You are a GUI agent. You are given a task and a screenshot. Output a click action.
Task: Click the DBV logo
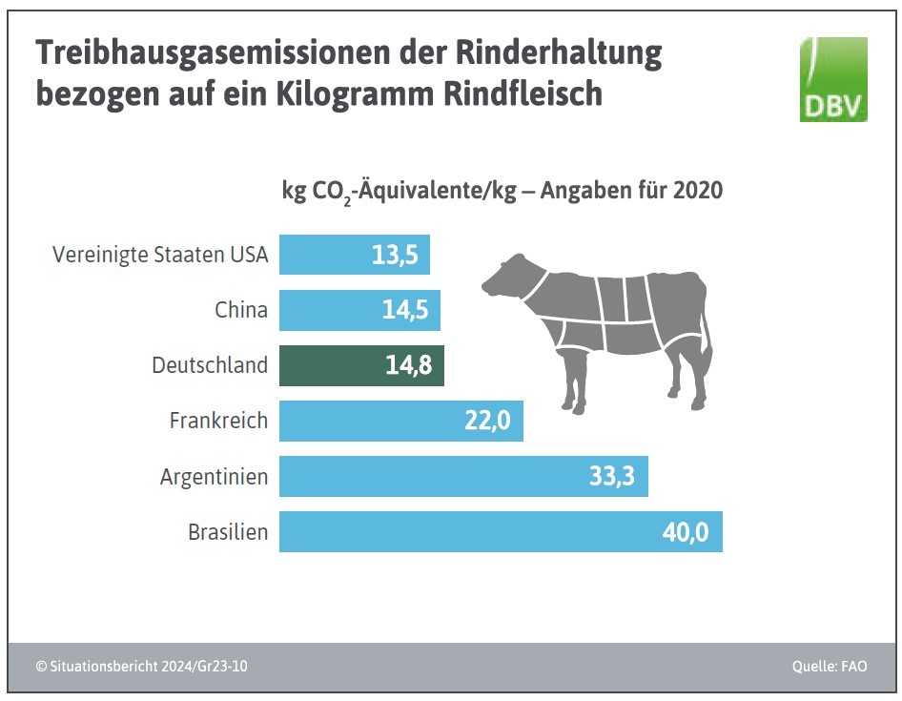tap(833, 80)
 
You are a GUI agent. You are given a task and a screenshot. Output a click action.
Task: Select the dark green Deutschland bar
tap(361, 365)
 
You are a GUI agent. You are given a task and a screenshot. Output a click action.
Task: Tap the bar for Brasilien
tap(501, 531)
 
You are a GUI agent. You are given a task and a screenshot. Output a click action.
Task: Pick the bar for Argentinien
tap(463, 476)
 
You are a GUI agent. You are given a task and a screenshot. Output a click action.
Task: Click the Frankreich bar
tap(400, 421)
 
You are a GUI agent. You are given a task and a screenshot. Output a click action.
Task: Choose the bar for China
tap(359, 310)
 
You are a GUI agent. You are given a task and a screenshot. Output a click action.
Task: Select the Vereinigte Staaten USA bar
tap(354, 255)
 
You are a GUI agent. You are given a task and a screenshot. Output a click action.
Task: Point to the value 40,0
tap(685, 532)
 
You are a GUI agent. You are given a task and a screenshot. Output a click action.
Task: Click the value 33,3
tap(612, 477)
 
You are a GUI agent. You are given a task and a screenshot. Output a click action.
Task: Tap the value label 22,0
tap(487, 422)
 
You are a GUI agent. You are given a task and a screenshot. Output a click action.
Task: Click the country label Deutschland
tap(210, 365)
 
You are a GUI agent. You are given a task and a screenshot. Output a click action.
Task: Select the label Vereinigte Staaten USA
tap(160, 256)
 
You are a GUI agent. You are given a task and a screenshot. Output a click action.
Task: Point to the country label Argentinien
tap(214, 476)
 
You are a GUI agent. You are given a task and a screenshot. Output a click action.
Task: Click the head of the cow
tap(505, 277)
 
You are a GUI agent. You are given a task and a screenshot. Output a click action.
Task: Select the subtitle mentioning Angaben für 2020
tap(502, 191)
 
